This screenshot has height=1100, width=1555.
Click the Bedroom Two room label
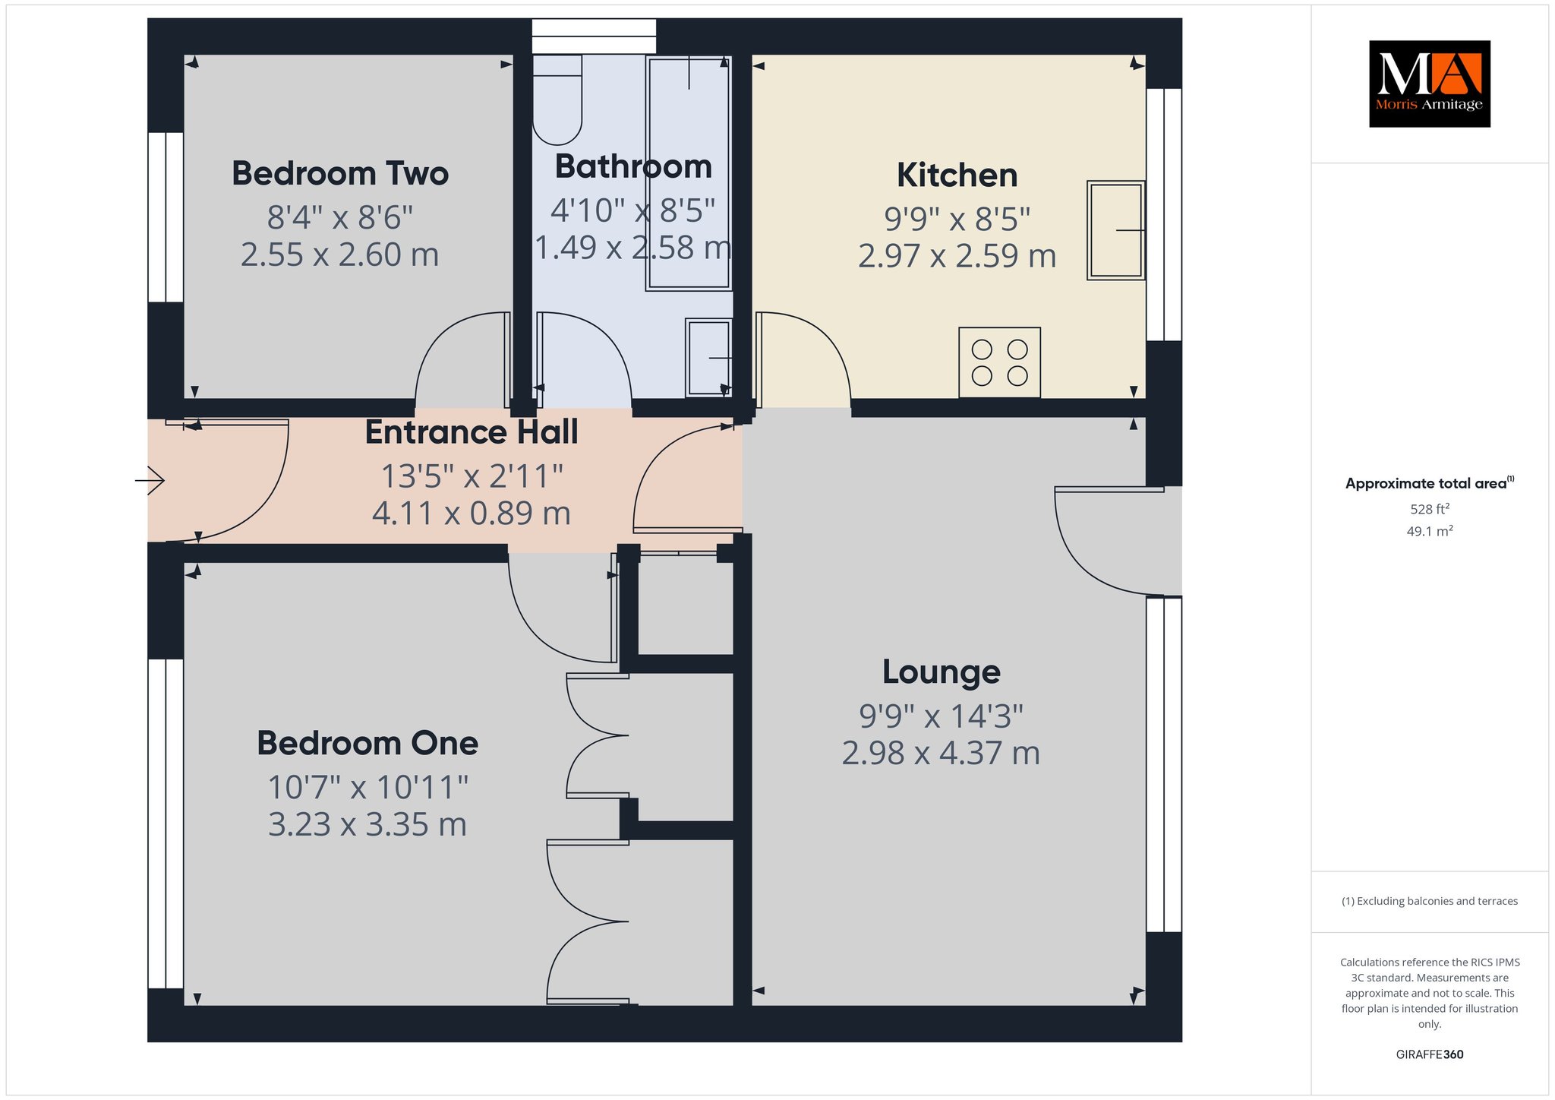click(340, 173)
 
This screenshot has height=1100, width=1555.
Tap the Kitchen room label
click(957, 175)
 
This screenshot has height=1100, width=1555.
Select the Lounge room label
click(942, 672)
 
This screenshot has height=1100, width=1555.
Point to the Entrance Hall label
click(472, 432)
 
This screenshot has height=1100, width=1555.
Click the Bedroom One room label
click(367, 743)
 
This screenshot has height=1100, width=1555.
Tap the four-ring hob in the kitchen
click(999, 362)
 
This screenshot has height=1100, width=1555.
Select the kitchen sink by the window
click(1115, 230)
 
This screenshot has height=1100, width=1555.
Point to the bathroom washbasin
click(708, 357)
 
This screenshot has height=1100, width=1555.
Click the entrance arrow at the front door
click(150, 480)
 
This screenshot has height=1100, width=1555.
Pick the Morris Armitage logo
click(1430, 84)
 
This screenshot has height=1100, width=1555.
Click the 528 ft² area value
click(1424, 509)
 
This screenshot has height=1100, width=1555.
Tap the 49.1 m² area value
click(1430, 531)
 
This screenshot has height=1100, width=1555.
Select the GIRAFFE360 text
click(1430, 1054)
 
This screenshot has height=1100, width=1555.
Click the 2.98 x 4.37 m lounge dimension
click(941, 753)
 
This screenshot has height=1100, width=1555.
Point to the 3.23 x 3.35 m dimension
click(367, 824)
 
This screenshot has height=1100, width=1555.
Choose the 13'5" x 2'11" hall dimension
click(472, 476)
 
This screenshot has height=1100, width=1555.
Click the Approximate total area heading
click(1430, 483)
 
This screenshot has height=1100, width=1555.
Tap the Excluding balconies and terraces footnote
click(1430, 901)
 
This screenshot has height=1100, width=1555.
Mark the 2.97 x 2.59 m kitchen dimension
click(957, 256)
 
